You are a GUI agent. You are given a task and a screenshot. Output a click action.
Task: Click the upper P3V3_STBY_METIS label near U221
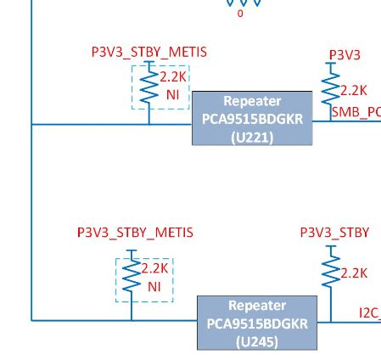[x=148, y=53]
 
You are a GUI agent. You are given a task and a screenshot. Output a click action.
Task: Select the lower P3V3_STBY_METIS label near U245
[x=135, y=232]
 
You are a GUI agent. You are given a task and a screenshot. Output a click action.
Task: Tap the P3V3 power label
[x=345, y=55]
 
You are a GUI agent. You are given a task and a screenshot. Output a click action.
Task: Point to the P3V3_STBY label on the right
[x=334, y=232]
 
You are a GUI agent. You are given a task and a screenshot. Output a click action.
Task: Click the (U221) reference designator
[x=252, y=137]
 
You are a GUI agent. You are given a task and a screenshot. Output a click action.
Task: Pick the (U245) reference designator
[x=257, y=342]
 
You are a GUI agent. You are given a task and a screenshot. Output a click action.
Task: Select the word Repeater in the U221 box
[x=252, y=101]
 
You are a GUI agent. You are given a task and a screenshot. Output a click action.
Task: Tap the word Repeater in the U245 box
[x=257, y=305]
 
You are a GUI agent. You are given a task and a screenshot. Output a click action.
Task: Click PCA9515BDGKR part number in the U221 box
[x=252, y=119]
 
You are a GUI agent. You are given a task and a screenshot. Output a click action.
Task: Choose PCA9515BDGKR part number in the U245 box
[x=257, y=323]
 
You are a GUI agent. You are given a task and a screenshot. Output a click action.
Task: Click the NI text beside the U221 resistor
[x=172, y=95]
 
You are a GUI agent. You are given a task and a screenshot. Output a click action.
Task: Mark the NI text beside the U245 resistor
[x=154, y=287]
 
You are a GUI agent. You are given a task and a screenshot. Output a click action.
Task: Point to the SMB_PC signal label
[x=356, y=112]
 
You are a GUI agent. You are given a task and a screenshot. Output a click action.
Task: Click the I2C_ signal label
[x=368, y=312]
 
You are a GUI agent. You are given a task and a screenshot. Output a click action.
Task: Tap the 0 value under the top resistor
[x=239, y=14]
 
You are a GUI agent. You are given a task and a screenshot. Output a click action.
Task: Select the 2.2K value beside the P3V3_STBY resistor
[x=354, y=273]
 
